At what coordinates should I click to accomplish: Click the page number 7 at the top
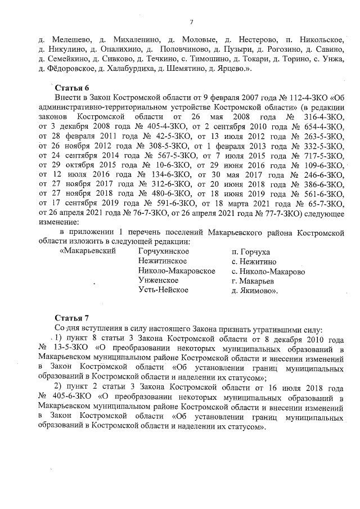point(191,22)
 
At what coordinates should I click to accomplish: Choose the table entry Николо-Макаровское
point(177,271)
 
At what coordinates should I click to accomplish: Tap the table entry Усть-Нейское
point(163,290)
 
